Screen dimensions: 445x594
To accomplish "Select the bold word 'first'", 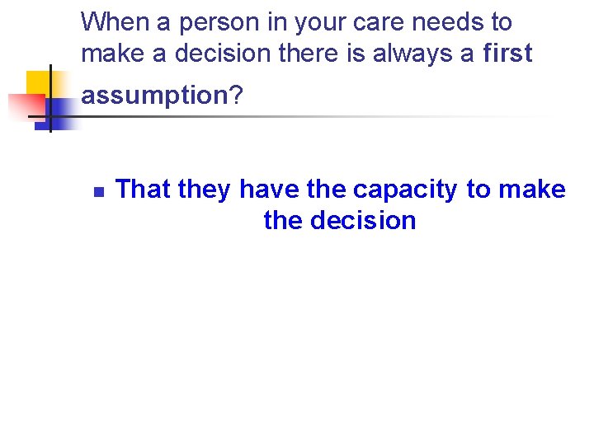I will point(508,54).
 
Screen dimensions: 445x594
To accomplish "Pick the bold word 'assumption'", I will point(153,96).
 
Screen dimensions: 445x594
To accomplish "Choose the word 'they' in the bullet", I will point(205,190).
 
